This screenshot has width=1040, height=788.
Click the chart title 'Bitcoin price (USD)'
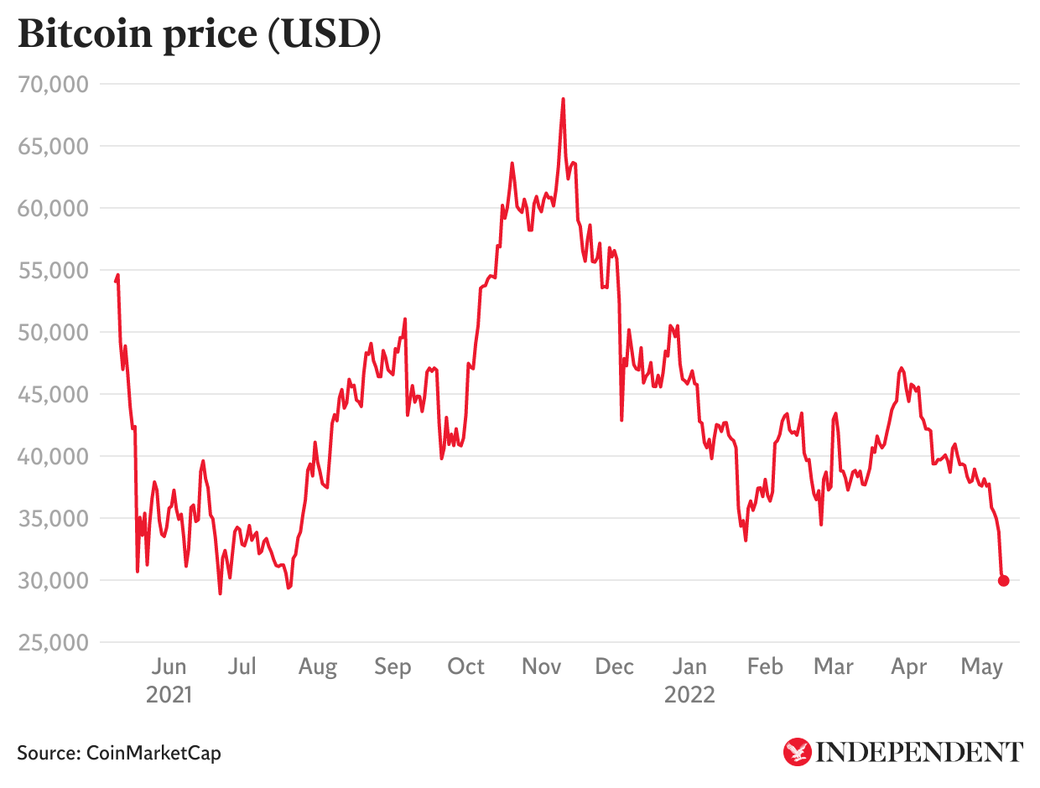point(199,35)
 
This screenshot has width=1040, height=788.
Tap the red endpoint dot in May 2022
point(1003,580)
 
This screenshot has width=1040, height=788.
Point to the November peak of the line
point(563,99)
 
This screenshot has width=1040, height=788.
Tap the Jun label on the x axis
point(169,667)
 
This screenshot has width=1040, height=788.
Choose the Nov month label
point(541,667)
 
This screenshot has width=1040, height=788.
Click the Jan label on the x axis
point(689,667)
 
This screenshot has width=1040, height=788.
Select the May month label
point(982,667)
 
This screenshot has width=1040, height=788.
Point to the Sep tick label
point(393,667)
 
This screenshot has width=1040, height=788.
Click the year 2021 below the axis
point(169,694)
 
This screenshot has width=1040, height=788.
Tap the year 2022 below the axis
point(689,694)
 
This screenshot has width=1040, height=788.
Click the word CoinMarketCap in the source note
point(154,753)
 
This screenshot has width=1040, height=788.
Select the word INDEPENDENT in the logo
point(919,752)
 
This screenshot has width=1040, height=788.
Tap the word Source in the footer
point(48,753)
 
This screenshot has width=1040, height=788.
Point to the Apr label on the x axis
point(908,667)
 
